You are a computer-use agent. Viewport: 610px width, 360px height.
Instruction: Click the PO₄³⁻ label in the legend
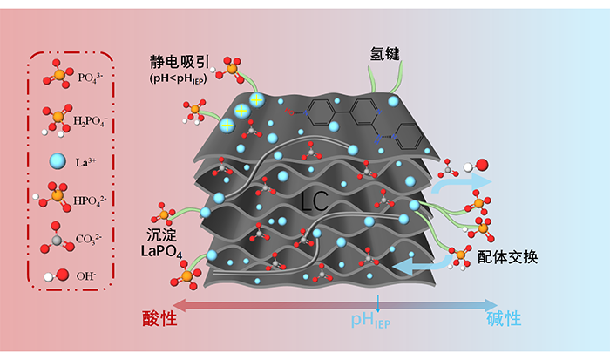tap(91, 78)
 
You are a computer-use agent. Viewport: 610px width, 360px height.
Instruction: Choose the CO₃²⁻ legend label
tap(91, 239)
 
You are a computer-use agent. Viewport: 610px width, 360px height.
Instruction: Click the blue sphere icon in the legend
tap(56, 160)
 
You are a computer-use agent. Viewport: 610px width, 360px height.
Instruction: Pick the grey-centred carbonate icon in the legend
tap(54, 237)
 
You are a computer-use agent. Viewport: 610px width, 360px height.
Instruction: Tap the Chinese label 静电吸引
tap(178, 62)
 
